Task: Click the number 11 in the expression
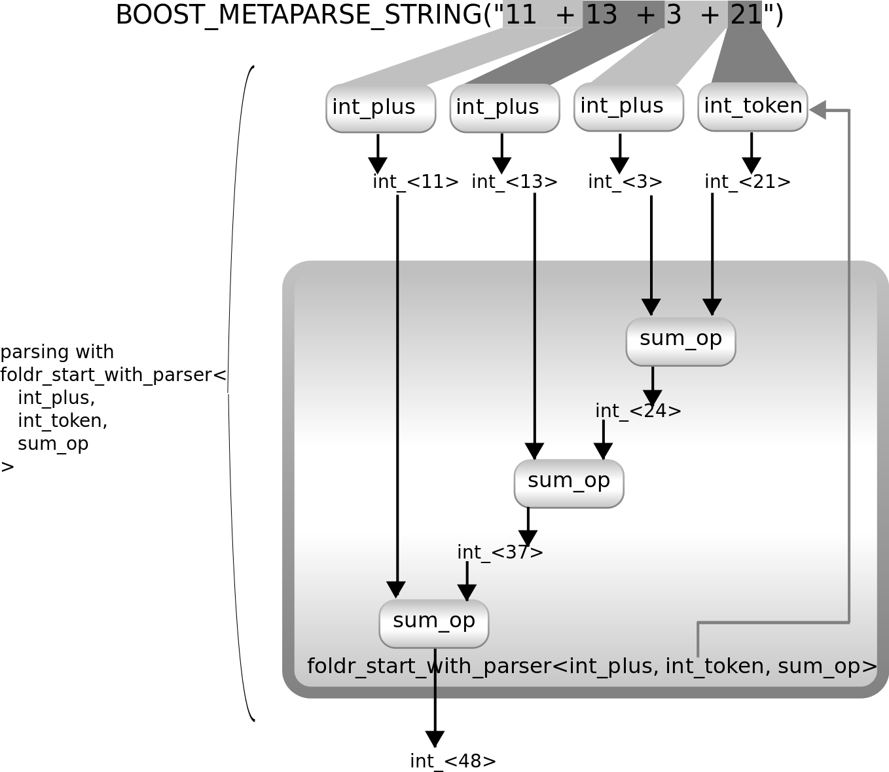tap(521, 14)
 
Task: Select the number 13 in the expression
tap(601, 14)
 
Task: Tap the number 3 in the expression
tap(674, 14)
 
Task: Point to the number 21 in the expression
tap(746, 14)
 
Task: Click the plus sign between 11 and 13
tap(565, 14)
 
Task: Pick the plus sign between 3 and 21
tap(710, 14)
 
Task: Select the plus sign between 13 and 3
tap(645, 14)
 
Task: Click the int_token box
tap(753, 107)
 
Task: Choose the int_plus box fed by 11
tap(380, 108)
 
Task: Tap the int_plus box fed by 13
tap(504, 108)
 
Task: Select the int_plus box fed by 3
tap(628, 107)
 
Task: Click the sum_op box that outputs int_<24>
tap(681, 341)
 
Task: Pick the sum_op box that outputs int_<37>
tap(569, 483)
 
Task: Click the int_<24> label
tap(638, 411)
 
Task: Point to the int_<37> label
tap(500, 553)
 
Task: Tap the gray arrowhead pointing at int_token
tap(818, 110)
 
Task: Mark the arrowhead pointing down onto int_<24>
tap(652, 397)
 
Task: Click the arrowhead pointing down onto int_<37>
tap(528, 538)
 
